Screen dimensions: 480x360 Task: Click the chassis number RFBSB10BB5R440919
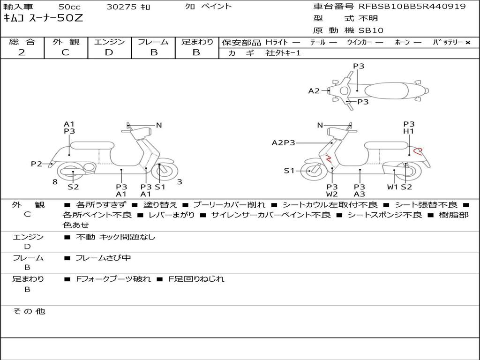pos(412,7)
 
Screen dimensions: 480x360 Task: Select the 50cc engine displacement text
pos(69,7)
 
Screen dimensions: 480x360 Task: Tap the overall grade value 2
pos(22,52)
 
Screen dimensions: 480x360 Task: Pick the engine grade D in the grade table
pos(109,52)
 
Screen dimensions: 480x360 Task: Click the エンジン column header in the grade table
pos(109,42)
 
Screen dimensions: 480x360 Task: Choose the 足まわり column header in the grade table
pos(197,42)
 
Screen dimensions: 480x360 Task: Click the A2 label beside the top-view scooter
pos(314,91)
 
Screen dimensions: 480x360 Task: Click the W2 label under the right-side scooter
pos(332,194)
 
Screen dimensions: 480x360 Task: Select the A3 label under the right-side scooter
pos(360,194)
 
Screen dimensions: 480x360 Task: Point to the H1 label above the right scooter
pos(409,132)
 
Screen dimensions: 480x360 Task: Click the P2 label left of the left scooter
pos(37,164)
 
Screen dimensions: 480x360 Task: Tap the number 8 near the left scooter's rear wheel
pos(55,182)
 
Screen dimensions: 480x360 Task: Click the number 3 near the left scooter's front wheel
pos(180,182)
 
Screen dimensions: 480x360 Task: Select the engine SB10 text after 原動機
pos(371,30)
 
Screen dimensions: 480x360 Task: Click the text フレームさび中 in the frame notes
pos(103,258)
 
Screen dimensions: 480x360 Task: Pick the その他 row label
pos(29,311)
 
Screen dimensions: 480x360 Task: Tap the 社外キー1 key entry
pos(283,53)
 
